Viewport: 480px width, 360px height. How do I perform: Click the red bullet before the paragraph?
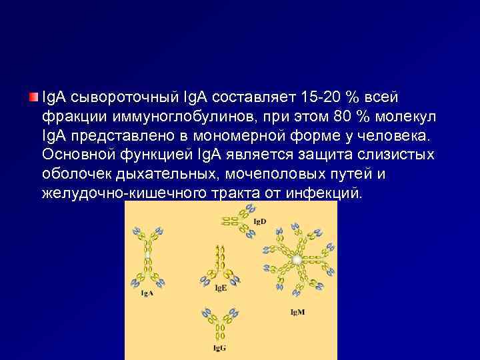pyautogui.click(x=33, y=98)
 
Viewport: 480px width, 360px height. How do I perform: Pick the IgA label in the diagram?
pyautogui.click(x=147, y=293)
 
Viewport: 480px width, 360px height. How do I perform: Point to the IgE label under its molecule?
pyautogui.click(x=221, y=288)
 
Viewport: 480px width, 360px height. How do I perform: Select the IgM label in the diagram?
pyautogui.click(x=297, y=311)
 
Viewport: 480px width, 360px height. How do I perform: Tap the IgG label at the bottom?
pyautogui.click(x=220, y=348)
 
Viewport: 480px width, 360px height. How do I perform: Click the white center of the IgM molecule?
pyautogui.click(x=295, y=257)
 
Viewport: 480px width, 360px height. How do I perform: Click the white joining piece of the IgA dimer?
pyautogui.click(x=147, y=255)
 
